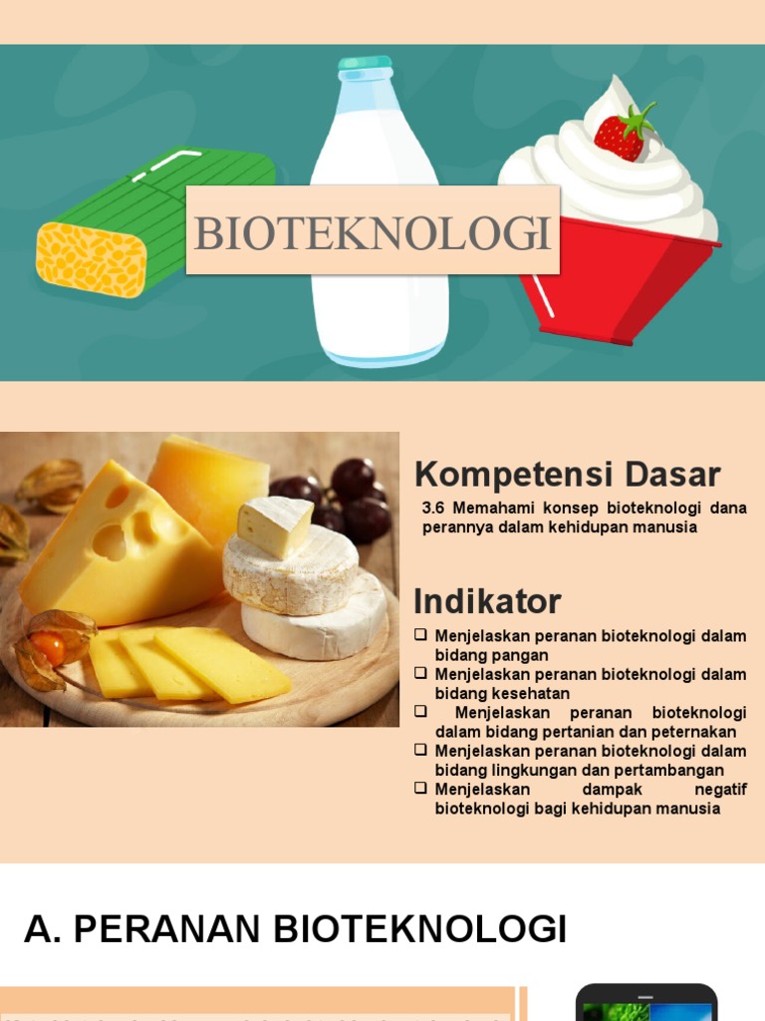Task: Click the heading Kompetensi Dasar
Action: point(567,474)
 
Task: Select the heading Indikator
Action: point(487,601)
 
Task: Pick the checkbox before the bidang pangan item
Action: point(421,635)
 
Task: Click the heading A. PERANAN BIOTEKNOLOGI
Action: point(295,929)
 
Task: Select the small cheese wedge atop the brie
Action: point(275,524)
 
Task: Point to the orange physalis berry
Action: point(49,649)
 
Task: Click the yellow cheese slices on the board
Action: point(189,663)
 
